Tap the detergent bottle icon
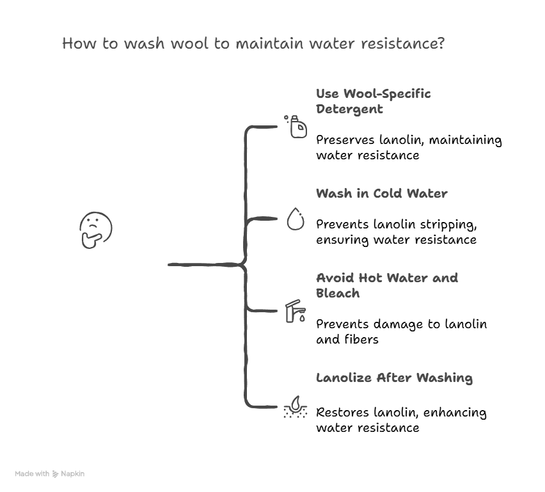click(x=296, y=126)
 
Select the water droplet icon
click(x=295, y=219)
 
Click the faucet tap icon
click(x=295, y=312)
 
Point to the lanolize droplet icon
click(x=295, y=405)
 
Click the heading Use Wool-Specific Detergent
click(x=373, y=101)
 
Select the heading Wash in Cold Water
click(x=381, y=193)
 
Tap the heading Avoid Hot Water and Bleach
click(x=386, y=285)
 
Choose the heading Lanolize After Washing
click(x=394, y=377)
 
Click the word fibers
click(x=360, y=339)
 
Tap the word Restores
click(x=340, y=413)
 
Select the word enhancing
click(x=452, y=413)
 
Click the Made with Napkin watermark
click(x=49, y=474)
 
